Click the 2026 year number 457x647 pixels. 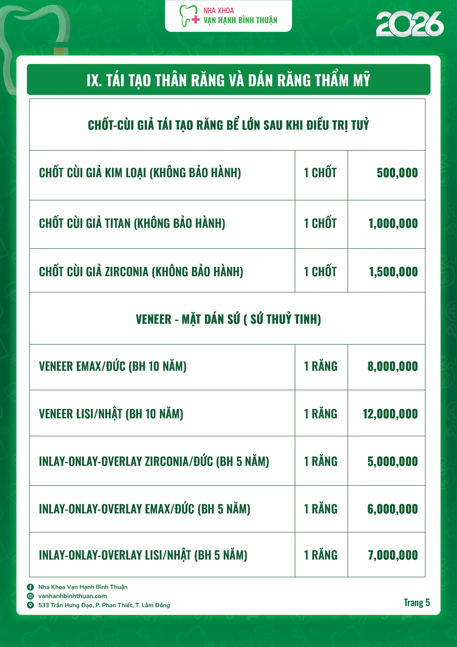[410, 24]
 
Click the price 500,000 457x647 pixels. [397, 173]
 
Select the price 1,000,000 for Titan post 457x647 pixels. [393, 223]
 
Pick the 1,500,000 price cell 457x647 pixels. [393, 272]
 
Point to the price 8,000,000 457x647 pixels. [392, 367]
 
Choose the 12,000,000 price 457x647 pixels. [390, 414]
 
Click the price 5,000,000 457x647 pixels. [392, 461]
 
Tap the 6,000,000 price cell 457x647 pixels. [392, 509]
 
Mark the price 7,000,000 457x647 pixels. [393, 555]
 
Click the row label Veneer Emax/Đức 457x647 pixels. [113, 367]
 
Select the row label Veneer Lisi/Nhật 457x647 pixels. [111, 414]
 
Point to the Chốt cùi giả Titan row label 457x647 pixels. [132, 223]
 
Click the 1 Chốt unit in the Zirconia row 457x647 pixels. [320, 272]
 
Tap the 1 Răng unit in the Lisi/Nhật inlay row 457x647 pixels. [321, 555]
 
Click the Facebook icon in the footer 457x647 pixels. [30, 587]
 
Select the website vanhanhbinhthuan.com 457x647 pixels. [72, 596]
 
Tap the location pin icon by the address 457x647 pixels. [30, 605]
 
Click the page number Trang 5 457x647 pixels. [416, 602]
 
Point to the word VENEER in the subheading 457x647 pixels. [153, 320]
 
